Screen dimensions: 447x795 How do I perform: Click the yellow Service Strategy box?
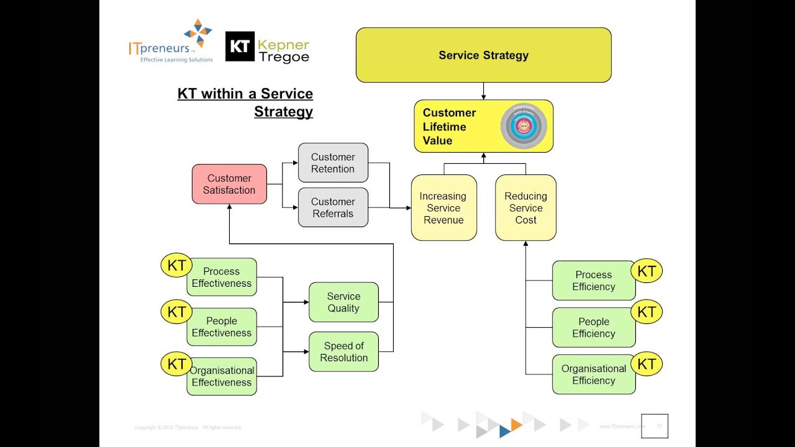pos(483,55)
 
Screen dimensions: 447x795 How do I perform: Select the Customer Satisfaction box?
pos(229,184)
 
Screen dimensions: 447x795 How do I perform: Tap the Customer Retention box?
pos(333,163)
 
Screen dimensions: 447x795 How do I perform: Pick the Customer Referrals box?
pos(333,207)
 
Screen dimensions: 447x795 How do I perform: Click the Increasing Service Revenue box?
pos(443,208)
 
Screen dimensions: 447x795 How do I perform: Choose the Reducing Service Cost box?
pos(525,208)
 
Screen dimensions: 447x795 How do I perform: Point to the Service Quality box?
pos(343,302)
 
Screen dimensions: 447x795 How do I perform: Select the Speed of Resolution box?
pos(343,352)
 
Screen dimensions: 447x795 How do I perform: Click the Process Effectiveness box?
pos(222,278)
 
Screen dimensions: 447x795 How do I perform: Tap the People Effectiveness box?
pos(222,327)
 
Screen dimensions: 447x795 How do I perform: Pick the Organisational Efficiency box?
pos(593,374)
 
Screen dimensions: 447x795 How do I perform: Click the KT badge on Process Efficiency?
pos(647,271)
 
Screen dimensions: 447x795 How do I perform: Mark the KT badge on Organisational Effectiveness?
pos(176,364)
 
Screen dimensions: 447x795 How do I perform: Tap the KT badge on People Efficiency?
pos(647,312)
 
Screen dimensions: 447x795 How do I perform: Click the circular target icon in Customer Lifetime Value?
pos(524,126)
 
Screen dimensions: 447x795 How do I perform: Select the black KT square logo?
pos(240,47)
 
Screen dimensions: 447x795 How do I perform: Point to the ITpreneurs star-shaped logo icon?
pos(198,33)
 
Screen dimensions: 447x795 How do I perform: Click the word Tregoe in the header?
pos(284,57)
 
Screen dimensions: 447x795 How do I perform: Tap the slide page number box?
pos(655,426)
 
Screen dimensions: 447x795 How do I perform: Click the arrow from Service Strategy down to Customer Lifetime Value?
pos(483,91)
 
